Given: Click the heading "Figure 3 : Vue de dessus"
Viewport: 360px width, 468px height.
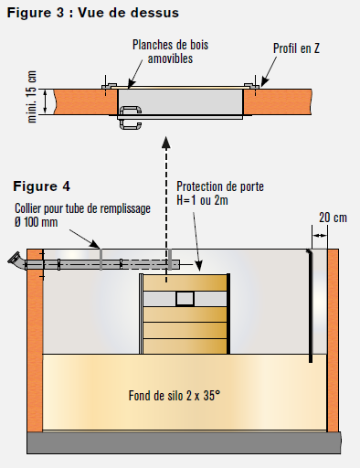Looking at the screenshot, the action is (x=93, y=13).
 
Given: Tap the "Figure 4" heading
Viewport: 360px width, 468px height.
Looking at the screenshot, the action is (x=41, y=186).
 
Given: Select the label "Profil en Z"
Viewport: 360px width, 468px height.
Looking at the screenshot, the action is (x=296, y=48).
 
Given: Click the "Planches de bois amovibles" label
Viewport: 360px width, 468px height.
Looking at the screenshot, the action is (x=170, y=51).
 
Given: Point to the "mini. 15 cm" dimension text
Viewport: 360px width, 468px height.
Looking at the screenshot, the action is (x=32, y=97).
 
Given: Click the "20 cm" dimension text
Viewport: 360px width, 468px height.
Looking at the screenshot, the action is (x=333, y=218).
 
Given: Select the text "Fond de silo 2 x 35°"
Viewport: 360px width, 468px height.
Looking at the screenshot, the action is (x=175, y=396).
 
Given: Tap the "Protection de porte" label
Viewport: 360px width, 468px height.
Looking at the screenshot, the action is (x=220, y=186).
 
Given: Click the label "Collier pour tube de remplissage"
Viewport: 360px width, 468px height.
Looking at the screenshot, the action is (x=82, y=208).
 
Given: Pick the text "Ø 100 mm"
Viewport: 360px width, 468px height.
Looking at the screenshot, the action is (x=36, y=222).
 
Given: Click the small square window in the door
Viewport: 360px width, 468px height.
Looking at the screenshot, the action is (x=185, y=299).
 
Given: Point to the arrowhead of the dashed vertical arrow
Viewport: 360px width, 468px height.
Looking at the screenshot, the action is (x=166, y=143).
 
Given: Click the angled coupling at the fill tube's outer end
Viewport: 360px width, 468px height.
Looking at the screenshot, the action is (x=16, y=261).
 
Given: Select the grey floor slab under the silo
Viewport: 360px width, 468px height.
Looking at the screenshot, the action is (x=184, y=442).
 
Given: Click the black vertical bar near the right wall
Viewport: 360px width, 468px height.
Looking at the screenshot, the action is (x=311, y=306).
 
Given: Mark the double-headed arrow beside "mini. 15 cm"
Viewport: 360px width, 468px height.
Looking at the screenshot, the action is (x=46, y=101).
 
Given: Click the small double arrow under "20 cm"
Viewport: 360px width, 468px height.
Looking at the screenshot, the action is (x=320, y=235).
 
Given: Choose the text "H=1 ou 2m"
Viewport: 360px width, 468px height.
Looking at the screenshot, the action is (x=202, y=200).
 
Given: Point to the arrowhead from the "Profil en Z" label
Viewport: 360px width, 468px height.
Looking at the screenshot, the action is (x=264, y=82).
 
